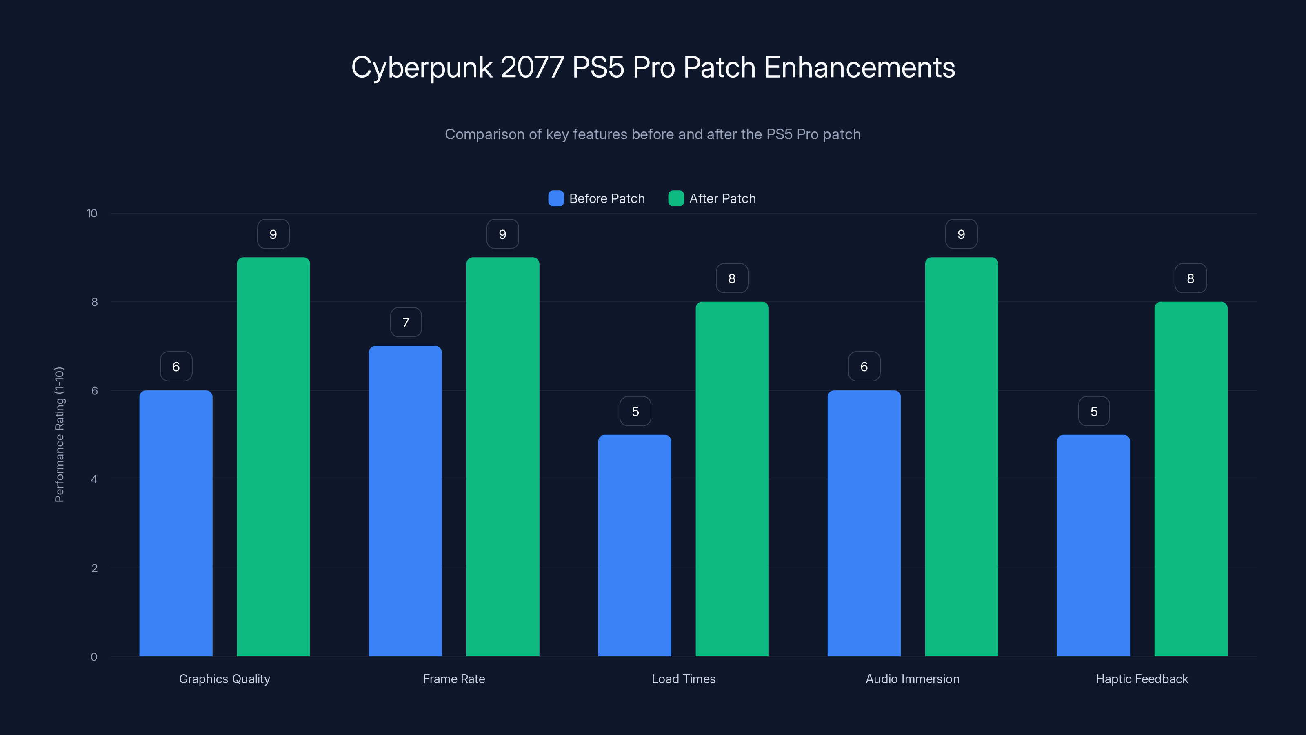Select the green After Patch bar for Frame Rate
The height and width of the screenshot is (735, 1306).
(502, 457)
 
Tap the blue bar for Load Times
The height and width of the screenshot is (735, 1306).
(635, 545)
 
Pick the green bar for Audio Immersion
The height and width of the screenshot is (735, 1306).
(961, 457)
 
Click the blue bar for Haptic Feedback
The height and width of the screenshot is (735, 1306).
(1094, 545)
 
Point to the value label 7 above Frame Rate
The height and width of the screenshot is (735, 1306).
(406, 323)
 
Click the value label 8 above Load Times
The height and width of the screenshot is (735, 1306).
(732, 278)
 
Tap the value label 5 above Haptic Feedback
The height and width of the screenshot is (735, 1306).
(1094, 411)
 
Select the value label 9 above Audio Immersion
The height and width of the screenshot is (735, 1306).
(961, 234)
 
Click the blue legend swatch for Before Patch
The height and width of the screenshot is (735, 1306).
(556, 198)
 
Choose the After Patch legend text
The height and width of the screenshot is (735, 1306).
(722, 198)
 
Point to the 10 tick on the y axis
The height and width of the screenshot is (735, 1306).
(92, 213)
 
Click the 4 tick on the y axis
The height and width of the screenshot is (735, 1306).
(94, 479)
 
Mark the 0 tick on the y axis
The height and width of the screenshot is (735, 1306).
(94, 657)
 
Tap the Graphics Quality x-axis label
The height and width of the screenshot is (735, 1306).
(224, 679)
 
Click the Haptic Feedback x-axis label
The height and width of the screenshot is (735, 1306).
(1142, 679)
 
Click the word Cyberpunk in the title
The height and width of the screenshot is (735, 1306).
(422, 67)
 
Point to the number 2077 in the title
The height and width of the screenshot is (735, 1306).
(532, 67)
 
